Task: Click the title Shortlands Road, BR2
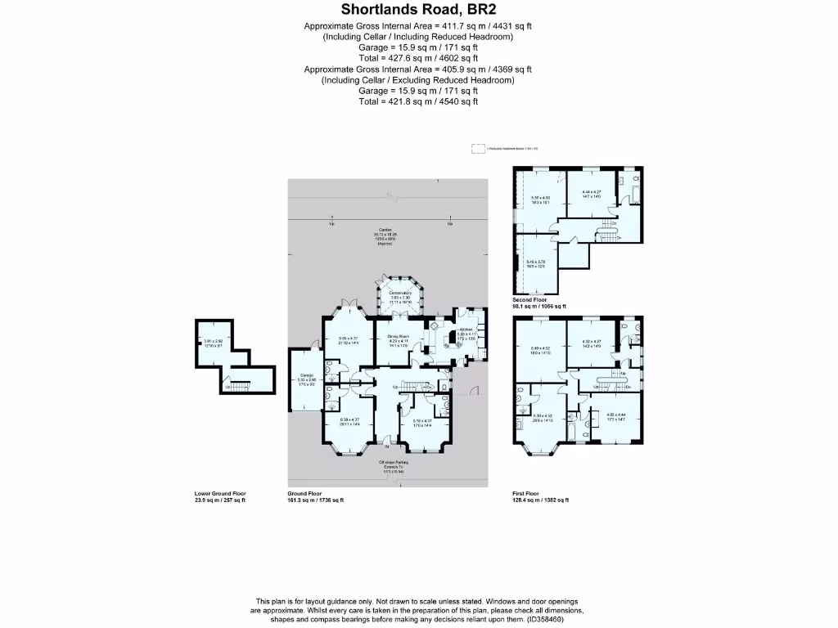(418, 11)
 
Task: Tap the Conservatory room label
(400, 293)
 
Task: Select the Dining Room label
(398, 336)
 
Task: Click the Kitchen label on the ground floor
(466, 330)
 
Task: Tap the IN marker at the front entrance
(388, 447)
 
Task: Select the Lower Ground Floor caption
(220, 494)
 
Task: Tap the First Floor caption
(527, 494)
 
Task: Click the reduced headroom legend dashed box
(477, 149)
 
